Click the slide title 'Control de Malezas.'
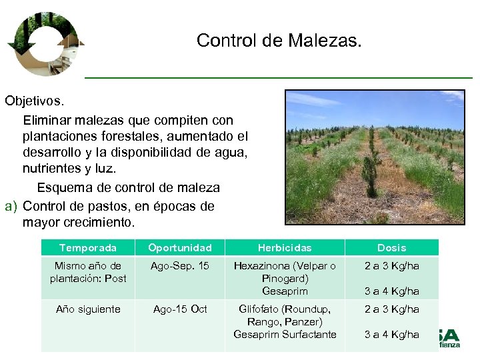point(279,41)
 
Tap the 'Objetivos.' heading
point(35,101)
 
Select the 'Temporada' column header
point(87,247)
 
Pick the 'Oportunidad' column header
point(179,247)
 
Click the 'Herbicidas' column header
point(285,247)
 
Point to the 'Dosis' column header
point(391,247)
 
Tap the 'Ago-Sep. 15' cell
point(179,266)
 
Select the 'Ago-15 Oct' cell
point(179,309)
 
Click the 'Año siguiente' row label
point(88,309)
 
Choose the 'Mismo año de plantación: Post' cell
point(88,272)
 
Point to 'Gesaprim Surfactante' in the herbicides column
point(285,335)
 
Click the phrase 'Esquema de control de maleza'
point(128,187)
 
